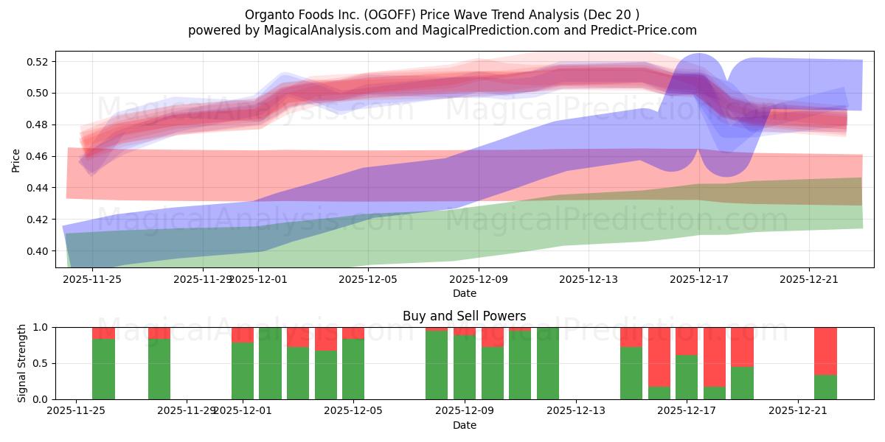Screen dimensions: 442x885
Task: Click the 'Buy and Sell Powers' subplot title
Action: tap(464, 316)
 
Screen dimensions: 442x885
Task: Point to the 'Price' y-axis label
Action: tap(16, 159)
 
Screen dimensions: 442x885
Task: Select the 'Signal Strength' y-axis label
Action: tap(22, 363)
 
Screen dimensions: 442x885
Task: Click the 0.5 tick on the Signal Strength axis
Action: tap(41, 363)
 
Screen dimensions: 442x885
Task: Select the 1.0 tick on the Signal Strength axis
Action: tap(41, 327)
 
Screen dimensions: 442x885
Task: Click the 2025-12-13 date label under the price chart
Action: tap(589, 280)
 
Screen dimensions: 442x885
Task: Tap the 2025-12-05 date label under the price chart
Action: tap(368, 280)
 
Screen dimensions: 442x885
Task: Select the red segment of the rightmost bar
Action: tap(825, 351)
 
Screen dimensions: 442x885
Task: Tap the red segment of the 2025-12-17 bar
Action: tap(687, 341)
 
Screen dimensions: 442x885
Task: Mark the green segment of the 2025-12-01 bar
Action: tap(243, 371)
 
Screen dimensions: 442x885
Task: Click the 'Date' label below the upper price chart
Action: tap(464, 293)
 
